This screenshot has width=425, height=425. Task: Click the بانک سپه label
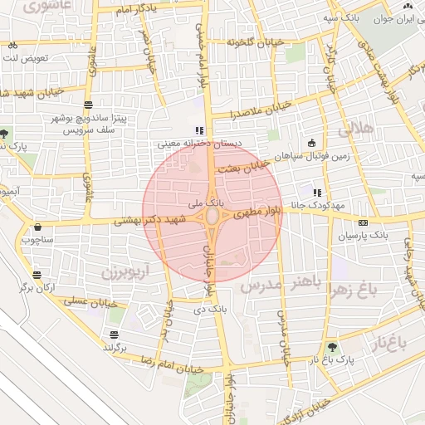coord(342,17)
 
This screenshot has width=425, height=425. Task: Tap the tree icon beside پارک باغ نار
coord(332,347)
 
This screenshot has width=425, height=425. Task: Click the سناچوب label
coord(37,240)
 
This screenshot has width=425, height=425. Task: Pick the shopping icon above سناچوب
coord(37,227)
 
